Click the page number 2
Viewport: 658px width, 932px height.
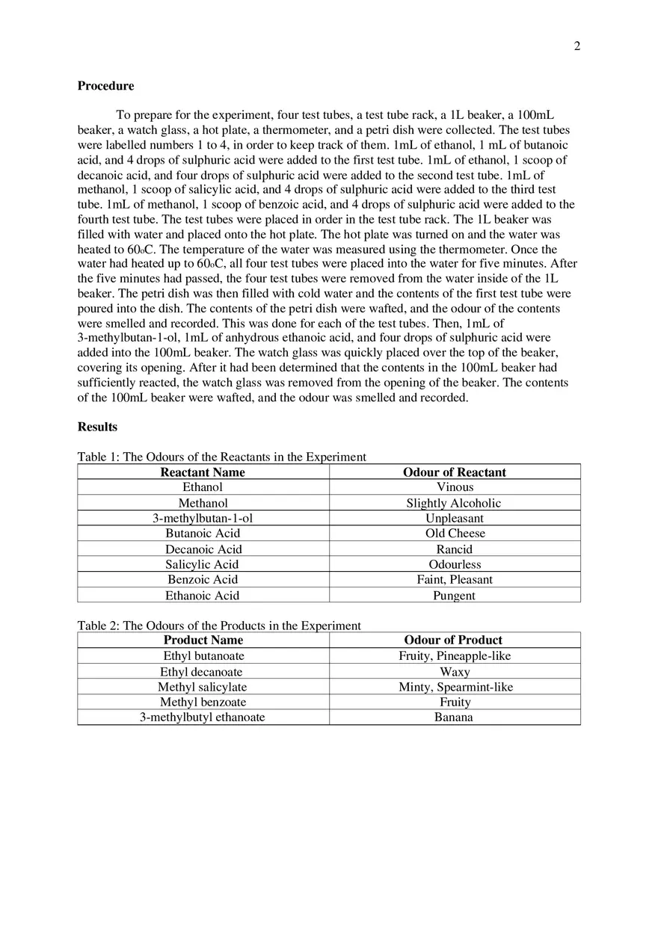point(576,46)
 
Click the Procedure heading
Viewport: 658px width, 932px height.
point(105,86)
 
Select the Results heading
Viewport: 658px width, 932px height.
point(97,427)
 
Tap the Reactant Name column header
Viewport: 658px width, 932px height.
point(203,472)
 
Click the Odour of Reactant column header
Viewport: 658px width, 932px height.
point(454,472)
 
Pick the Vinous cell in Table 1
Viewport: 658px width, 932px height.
point(454,487)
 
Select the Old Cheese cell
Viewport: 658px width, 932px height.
point(454,534)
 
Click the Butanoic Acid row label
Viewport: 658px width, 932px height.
point(203,534)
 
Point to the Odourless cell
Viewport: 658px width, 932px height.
point(454,564)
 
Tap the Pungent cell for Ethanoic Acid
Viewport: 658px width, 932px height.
point(454,596)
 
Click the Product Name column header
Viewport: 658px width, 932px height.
point(203,640)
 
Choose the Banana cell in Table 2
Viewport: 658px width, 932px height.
point(454,717)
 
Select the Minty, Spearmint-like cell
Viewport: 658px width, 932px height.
point(455,687)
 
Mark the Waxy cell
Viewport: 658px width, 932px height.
point(454,672)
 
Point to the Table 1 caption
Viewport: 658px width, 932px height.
point(221,457)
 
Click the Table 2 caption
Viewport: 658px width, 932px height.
point(219,626)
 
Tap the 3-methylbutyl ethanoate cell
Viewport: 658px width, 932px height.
point(202,717)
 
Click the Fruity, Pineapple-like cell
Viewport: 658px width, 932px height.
point(454,656)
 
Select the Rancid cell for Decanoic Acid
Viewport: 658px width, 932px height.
point(454,549)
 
